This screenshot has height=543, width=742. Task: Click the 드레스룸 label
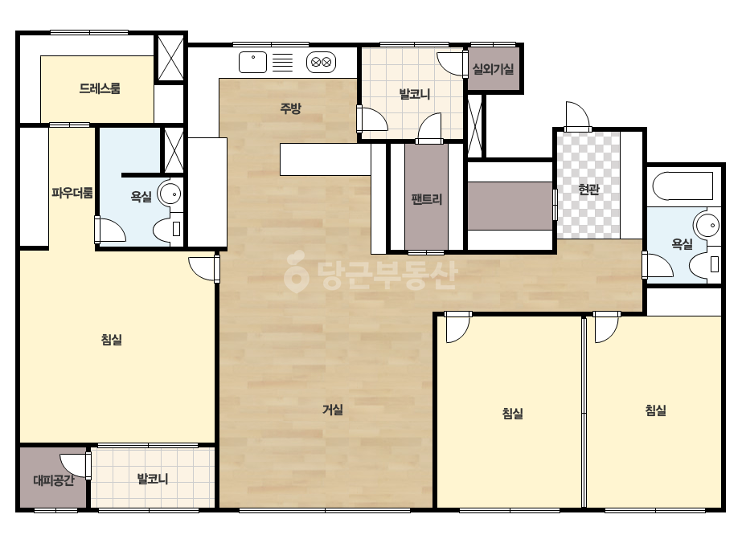pyautogui.click(x=100, y=88)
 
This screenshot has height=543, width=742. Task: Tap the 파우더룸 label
pyautogui.click(x=72, y=193)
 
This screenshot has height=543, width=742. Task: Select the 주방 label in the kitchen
pyautogui.click(x=290, y=108)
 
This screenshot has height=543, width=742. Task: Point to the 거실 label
pyautogui.click(x=333, y=410)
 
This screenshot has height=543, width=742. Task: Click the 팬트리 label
pyautogui.click(x=426, y=199)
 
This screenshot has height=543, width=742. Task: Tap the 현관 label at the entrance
pyautogui.click(x=588, y=190)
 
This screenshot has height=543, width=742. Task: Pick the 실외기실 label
pyautogui.click(x=493, y=70)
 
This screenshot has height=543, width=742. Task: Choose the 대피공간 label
pyautogui.click(x=54, y=480)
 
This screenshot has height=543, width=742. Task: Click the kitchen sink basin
pyautogui.click(x=252, y=62)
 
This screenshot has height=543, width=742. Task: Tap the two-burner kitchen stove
pyautogui.click(x=322, y=62)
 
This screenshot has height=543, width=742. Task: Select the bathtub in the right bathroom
pyautogui.click(x=683, y=186)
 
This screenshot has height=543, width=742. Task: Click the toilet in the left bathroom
pyautogui.click(x=168, y=228)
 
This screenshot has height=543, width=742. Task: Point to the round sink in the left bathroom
pyautogui.click(x=169, y=194)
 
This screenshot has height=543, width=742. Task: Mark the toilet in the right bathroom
pyautogui.click(x=704, y=264)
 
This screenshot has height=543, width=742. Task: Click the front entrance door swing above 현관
pyautogui.click(x=578, y=116)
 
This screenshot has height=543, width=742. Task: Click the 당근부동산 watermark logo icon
pyautogui.click(x=296, y=271)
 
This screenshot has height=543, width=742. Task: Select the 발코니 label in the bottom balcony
pyautogui.click(x=153, y=479)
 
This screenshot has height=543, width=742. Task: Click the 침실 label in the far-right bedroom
pyautogui.click(x=656, y=410)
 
